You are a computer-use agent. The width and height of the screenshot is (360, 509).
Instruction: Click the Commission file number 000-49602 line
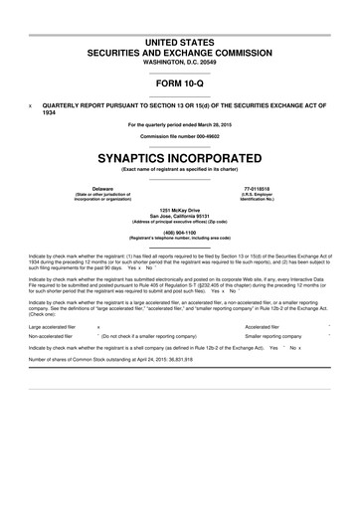coord(180,135)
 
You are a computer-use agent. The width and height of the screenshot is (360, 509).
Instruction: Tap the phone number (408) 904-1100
coord(180,233)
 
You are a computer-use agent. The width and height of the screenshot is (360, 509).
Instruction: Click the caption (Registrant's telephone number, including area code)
coord(180,239)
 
